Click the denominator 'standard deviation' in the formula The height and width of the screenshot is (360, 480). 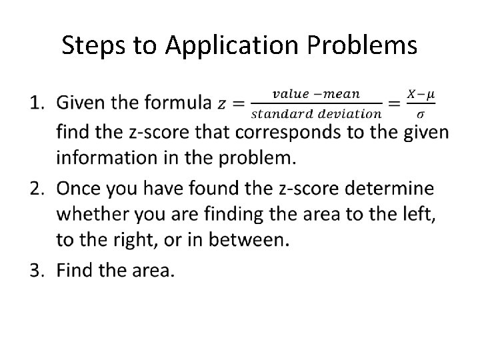(x=315, y=113)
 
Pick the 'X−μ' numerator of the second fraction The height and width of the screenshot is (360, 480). (x=421, y=95)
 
